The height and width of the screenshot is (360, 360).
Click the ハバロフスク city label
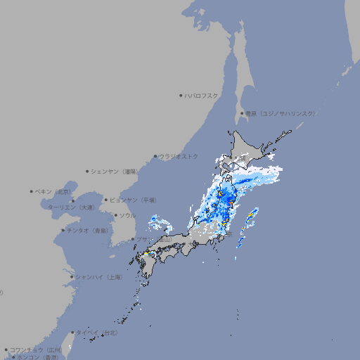pos(202,95)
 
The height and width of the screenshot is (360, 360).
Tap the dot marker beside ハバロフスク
pos(181,95)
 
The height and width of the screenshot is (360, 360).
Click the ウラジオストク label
pos(179,156)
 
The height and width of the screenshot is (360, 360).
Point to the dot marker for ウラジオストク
pos(155,156)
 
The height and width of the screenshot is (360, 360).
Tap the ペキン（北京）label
pos(54,191)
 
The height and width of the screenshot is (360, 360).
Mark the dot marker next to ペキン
pos(32,191)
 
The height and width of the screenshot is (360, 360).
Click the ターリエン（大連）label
pos(71,207)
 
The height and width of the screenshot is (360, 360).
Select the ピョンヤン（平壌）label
pos(134,200)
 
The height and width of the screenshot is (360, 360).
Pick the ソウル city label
pos(127,215)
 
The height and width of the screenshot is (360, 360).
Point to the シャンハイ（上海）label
pos(99,277)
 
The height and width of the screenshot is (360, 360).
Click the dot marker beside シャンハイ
pos(72,277)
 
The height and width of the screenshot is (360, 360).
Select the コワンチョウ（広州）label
pos(36,349)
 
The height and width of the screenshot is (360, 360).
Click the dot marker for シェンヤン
pos(87,171)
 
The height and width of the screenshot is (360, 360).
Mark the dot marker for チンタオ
pos(63,231)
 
